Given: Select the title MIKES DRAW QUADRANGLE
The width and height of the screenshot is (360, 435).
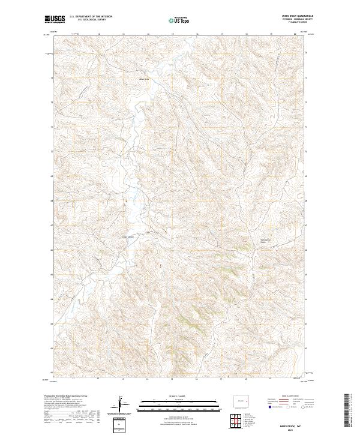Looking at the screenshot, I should tap(298, 15).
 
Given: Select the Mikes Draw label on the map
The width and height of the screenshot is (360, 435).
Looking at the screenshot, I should tap(143, 78).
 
